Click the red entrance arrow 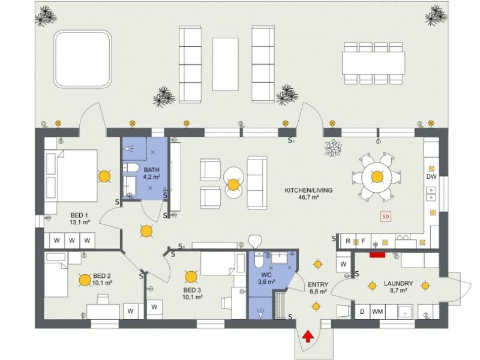[307, 336]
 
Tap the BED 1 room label [80, 218]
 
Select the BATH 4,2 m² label [151, 173]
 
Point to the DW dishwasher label [431, 177]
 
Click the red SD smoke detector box [386, 216]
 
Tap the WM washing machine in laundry [377, 312]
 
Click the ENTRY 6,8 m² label [317, 287]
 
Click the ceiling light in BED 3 [191, 277]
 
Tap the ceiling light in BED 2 [85, 279]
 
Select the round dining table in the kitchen [377, 176]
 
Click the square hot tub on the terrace [83, 59]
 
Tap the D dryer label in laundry [362, 312]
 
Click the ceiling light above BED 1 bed [104, 176]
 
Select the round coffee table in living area [233, 184]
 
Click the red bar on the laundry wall [377, 254]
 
